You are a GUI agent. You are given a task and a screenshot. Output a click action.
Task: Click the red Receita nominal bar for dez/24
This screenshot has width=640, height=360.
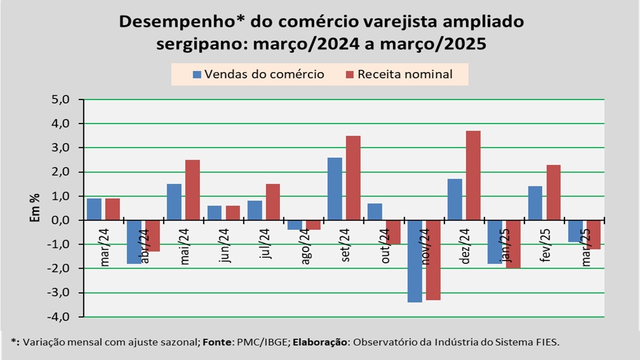pyautogui.click(x=473, y=175)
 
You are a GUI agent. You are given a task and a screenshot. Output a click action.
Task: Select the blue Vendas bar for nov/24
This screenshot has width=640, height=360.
pyautogui.click(x=414, y=261)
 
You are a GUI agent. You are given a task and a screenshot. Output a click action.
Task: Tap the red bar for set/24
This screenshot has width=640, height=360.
pyautogui.click(x=353, y=177)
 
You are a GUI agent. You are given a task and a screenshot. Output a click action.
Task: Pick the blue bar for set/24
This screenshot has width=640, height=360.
pyautogui.click(x=334, y=188)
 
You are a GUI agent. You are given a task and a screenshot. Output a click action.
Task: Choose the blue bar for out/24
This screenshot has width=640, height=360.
pyautogui.click(x=374, y=211)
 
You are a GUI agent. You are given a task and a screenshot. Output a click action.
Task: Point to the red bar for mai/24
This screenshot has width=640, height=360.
pyautogui.click(x=192, y=190)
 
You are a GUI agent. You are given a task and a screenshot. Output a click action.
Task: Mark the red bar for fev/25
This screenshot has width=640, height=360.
pyautogui.click(x=553, y=192)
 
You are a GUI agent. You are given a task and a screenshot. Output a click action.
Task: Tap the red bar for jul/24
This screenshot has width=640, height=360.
pyautogui.click(x=272, y=202)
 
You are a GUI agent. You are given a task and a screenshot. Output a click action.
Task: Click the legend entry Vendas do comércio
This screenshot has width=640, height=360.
pyautogui.click(x=258, y=74)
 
